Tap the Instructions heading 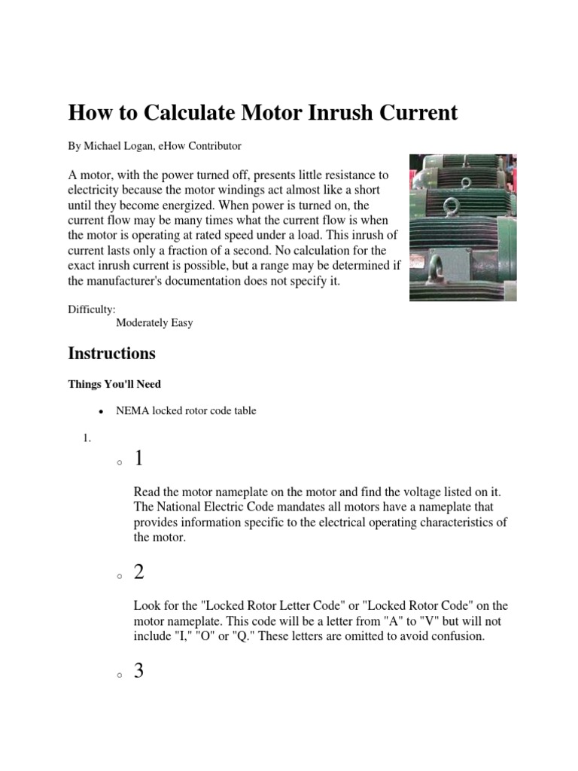[112, 353]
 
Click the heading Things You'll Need [114, 384]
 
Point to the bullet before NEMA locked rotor [100, 413]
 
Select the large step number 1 [139, 459]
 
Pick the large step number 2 [139, 573]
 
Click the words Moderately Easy [154, 323]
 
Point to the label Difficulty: [92, 309]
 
